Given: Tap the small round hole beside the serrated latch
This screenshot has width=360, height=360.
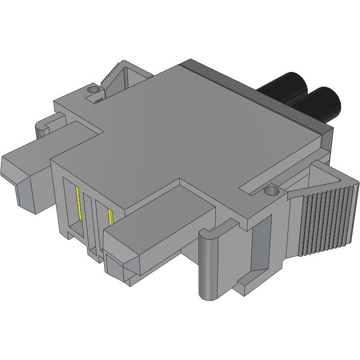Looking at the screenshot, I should pyautogui.click(x=92, y=90).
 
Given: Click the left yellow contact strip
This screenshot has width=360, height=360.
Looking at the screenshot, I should pyautogui.click(x=79, y=203).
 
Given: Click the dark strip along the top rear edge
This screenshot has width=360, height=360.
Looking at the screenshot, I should pyautogui.click(x=257, y=94).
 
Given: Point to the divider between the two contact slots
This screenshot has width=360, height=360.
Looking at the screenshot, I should pyautogui.click(x=89, y=217).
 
